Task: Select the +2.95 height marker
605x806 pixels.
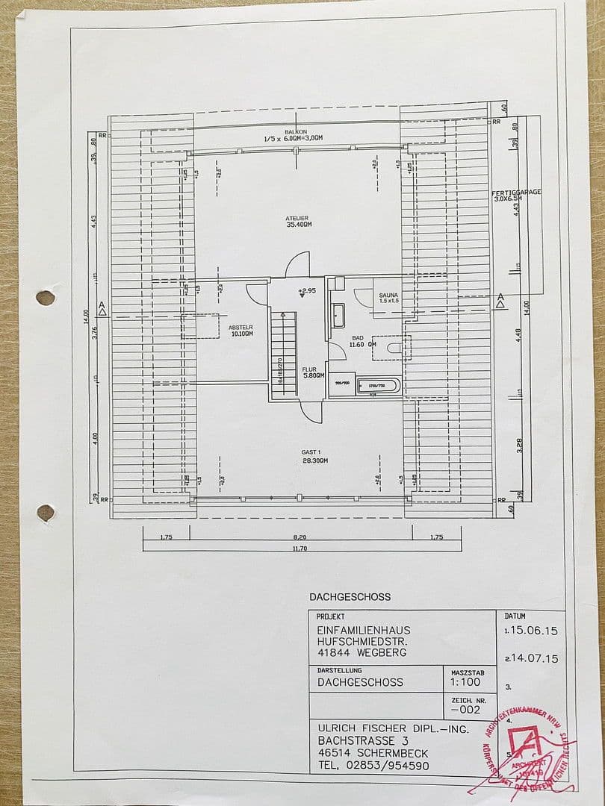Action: (307, 290)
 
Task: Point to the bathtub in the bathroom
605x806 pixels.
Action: (379, 387)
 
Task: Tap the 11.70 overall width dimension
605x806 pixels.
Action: (300, 549)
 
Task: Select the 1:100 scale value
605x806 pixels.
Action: (465, 682)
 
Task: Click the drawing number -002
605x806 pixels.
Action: (465, 711)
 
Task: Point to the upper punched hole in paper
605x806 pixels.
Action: (46, 298)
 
